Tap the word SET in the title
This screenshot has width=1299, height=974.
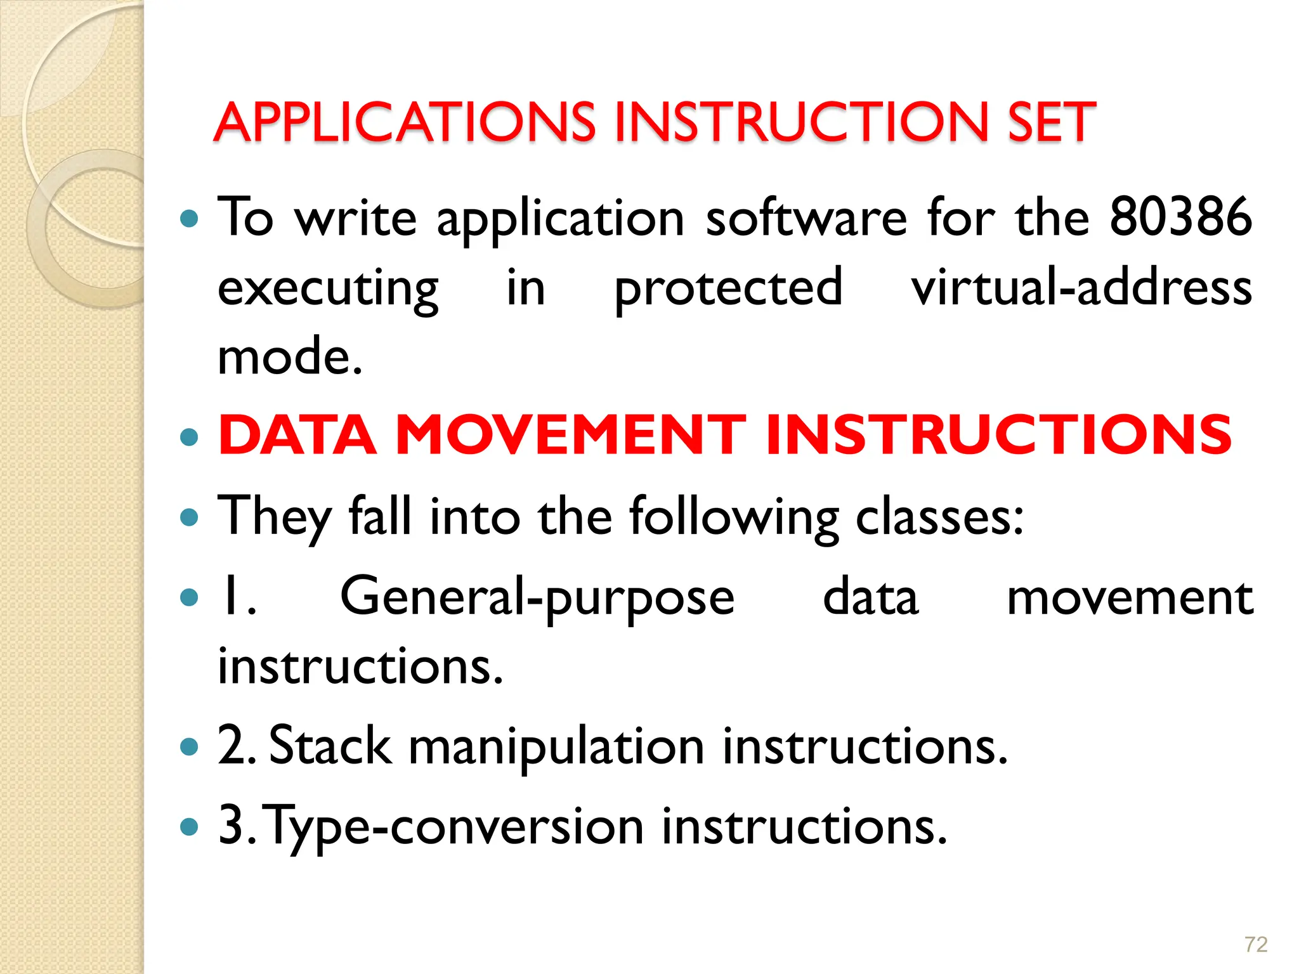click(1051, 122)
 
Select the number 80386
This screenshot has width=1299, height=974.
click(1180, 217)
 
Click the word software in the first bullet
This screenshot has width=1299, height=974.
click(806, 217)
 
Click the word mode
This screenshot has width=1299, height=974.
click(290, 356)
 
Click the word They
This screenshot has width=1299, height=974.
click(274, 517)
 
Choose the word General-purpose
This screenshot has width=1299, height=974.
click(537, 598)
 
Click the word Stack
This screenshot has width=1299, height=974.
click(330, 746)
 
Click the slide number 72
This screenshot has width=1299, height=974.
click(1256, 945)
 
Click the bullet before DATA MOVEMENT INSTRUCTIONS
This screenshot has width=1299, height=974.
click(189, 437)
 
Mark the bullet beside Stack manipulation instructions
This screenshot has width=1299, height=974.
click(189, 747)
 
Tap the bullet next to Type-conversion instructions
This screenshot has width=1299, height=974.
click(189, 827)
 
